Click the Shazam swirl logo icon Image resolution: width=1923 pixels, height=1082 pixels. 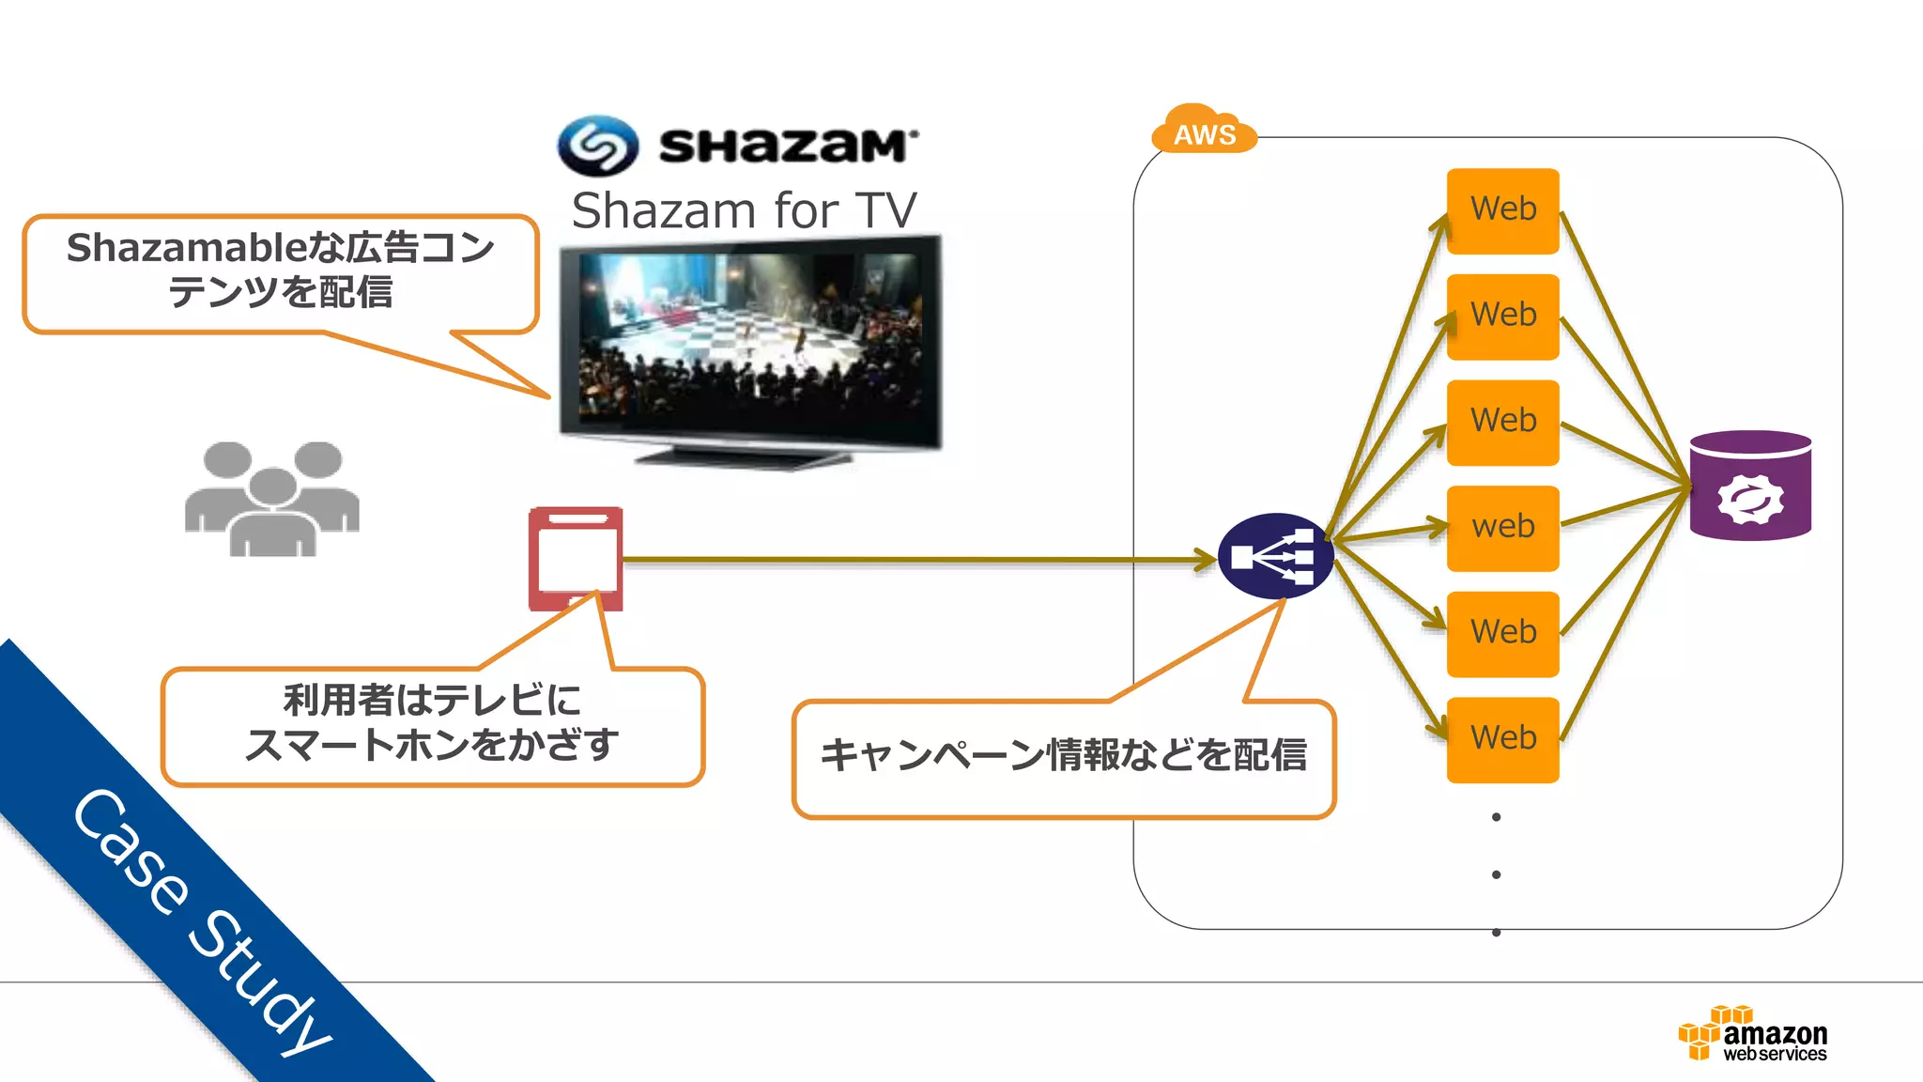[598, 146]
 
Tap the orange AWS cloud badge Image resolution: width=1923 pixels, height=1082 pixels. [1204, 131]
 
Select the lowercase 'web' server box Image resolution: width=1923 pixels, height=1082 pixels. [1502, 528]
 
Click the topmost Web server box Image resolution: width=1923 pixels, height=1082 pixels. [1502, 210]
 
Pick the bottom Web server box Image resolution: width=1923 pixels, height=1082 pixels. [1502, 739]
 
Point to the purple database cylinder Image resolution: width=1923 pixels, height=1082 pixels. [1750, 486]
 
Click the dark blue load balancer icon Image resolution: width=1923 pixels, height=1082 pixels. [1275, 557]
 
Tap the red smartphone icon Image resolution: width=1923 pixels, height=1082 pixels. [576, 558]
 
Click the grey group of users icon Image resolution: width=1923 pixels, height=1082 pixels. [271, 499]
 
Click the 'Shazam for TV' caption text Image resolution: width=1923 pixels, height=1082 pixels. [744, 210]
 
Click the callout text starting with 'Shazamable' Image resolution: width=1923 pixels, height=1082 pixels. [280, 270]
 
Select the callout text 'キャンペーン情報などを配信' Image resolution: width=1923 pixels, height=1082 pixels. [1063, 755]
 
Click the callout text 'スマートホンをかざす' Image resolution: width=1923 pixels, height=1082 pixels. [432, 745]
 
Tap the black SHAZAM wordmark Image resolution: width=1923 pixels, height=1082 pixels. [787, 147]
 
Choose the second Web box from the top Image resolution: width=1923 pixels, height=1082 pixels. [1502, 317]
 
